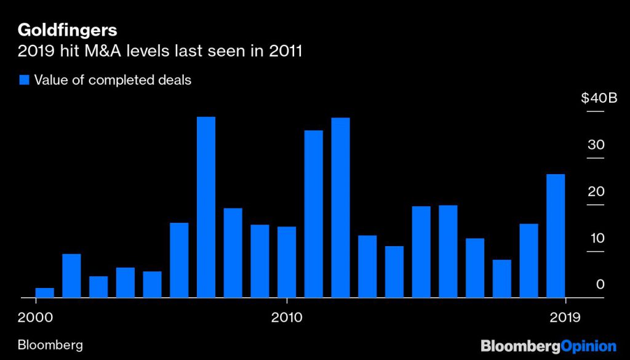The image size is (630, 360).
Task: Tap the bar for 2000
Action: click(44, 293)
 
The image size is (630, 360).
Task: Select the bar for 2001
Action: click(71, 276)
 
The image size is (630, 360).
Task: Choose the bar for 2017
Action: click(502, 279)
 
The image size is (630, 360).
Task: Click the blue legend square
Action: click(25, 80)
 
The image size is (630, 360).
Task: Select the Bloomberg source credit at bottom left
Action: click(50, 345)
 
